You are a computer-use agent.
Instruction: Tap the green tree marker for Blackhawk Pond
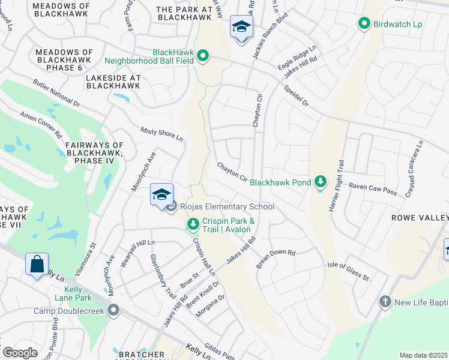pos(321,181)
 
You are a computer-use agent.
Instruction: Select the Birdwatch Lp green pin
pos(364,23)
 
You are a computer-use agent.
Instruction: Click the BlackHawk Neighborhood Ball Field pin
pos(203,56)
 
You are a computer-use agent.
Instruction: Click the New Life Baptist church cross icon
pos(385,302)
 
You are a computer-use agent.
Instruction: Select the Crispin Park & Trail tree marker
pos(193,225)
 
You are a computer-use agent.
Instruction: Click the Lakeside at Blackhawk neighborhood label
pos(113,82)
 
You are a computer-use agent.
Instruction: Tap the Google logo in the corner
pos(20,353)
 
